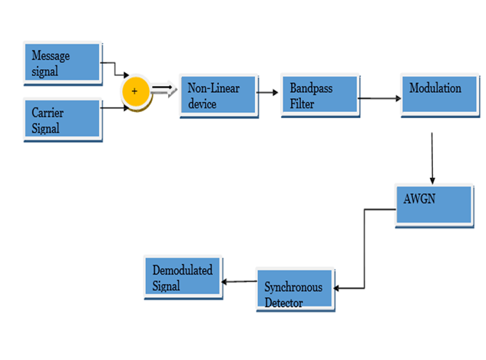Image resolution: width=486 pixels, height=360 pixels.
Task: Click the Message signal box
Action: pyautogui.click(x=63, y=63)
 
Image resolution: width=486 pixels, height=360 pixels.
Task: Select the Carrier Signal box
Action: pyautogui.click(x=63, y=121)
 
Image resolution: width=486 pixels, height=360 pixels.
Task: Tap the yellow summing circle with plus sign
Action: pyautogui.click(x=135, y=91)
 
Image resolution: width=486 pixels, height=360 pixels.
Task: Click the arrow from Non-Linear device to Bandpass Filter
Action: pyautogui.click(x=266, y=91)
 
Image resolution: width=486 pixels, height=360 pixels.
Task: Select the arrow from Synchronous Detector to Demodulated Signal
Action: pyautogui.click(x=239, y=282)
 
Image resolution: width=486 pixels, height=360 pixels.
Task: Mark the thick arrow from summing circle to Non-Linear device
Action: pyautogui.click(x=164, y=90)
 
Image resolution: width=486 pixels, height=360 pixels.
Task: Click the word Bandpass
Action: pyautogui.click(x=311, y=89)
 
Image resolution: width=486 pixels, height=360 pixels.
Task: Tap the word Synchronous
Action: pyautogui.click(x=294, y=289)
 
